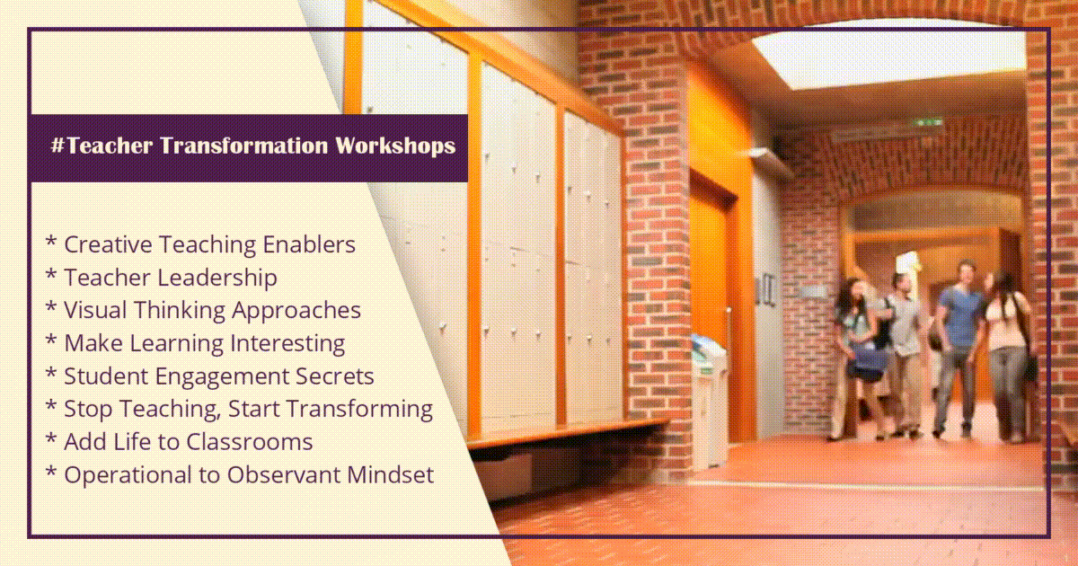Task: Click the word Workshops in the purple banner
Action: (395, 146)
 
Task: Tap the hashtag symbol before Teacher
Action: (57, 145)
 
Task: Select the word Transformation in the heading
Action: (243, 145)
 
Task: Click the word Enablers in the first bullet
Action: (309, 244)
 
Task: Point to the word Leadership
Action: (217, 278)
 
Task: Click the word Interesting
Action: (287, 343)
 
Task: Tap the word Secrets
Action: (334, 376)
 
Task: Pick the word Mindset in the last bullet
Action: (390, 474)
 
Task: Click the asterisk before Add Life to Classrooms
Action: (50, 439)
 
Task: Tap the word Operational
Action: (128, 475)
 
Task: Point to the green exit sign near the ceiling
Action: (927, 123)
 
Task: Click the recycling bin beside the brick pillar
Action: (709, 402)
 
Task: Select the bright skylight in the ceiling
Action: (889, 56)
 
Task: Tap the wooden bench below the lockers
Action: (568, 432)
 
